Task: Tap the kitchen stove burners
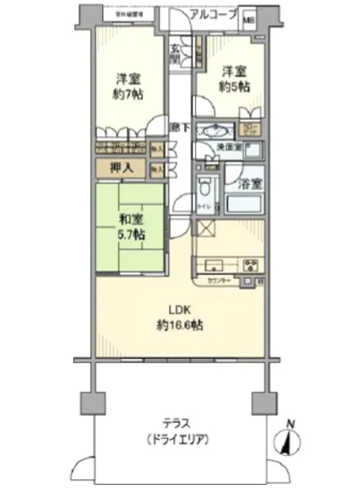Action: click(251, 264)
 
